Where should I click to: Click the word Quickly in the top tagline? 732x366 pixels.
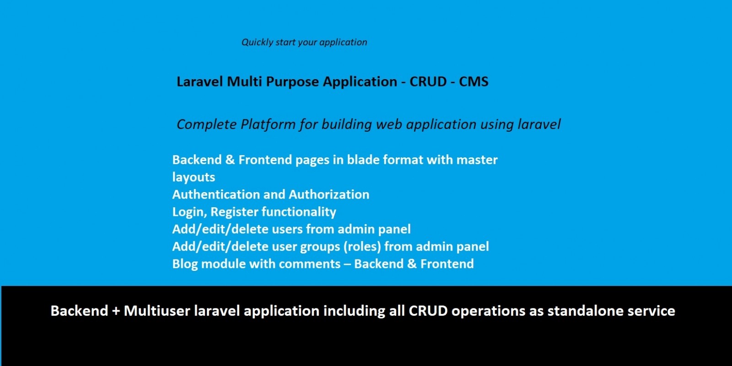pos(257,43)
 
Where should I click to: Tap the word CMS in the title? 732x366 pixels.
pos(474,81)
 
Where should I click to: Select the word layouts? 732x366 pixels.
pos(194,178)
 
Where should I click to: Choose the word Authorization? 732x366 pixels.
pos(329,194)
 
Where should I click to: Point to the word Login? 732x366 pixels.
pos(190,212)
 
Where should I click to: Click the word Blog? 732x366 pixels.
pos(185,264)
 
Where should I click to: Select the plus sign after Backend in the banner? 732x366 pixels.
pos(116,311)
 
